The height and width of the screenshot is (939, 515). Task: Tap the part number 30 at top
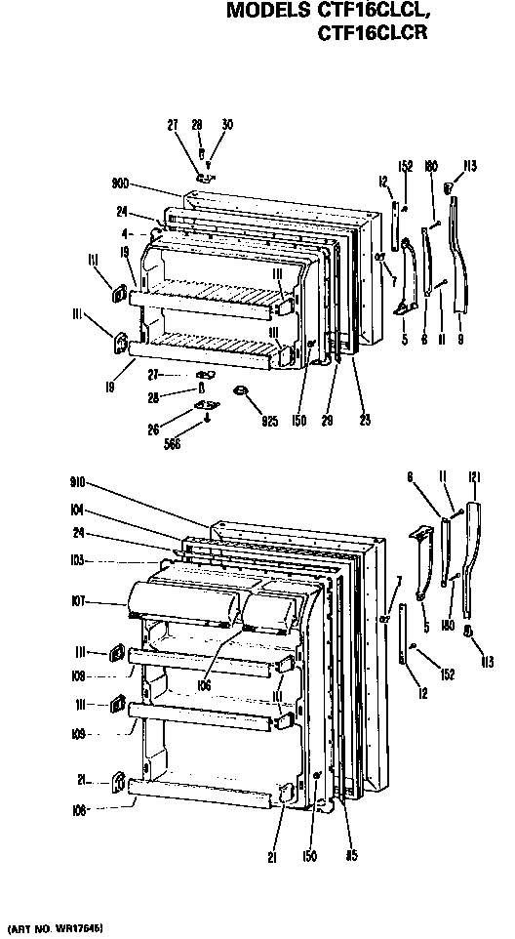(227, 124)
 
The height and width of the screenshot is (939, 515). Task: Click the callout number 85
(350, 858)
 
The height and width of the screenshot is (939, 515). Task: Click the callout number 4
(127, 234)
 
